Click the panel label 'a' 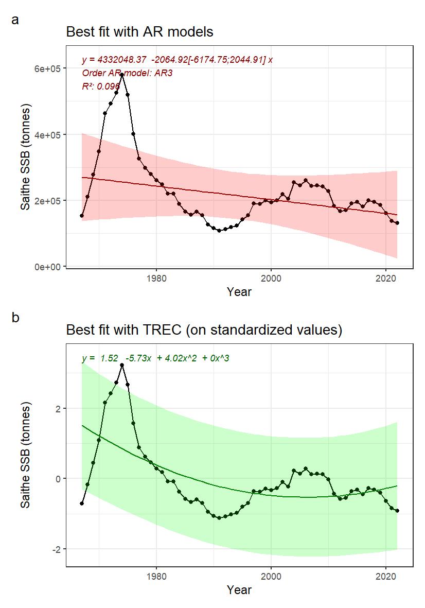pos(15,20)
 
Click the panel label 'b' pos(15,318)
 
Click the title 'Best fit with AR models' pos(139,32)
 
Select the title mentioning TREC pos(204,329)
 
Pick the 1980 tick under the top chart pos(156,277)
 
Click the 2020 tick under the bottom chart pos(386,575)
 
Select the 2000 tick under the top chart pos(271,277)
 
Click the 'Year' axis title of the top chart pos(239,292)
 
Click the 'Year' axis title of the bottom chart pos(239,589)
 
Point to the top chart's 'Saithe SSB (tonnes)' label pos(25,157)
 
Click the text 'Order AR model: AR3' pos(127,73)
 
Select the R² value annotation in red pos(101,86)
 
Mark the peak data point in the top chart pos(122,75)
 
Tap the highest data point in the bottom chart pos(122,365)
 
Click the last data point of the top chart pos(397,223)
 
